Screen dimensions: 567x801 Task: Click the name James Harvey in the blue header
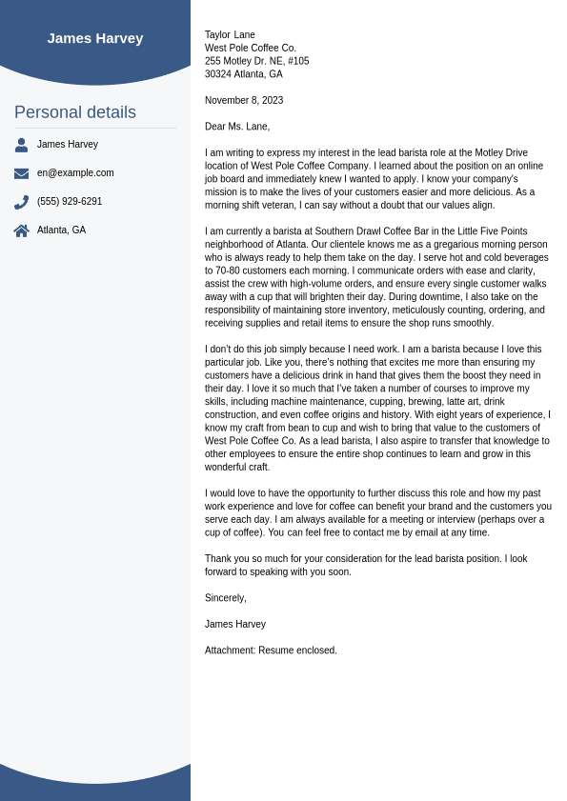click(95, 38)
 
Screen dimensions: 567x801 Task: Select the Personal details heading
click(75, 112)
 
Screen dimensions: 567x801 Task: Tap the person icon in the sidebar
click(21, 145)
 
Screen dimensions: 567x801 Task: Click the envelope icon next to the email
click(21, 173)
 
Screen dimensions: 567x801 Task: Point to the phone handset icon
click(21, 202)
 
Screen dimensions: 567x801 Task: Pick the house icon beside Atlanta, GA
click(21, 230)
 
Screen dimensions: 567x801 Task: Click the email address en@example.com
click(75, 173)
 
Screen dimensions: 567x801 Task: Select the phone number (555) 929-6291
click(70, 202)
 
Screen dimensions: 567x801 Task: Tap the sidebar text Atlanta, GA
click(61, 230)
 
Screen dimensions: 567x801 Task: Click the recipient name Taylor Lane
click(230, 35)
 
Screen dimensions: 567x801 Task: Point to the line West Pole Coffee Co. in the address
click(251, 48)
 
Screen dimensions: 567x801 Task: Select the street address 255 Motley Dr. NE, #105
click(257, 61)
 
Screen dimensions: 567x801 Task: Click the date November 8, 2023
click(244, 100)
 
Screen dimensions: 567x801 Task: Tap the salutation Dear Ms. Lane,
click(237, 127)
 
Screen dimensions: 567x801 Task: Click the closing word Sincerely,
click(226, 598)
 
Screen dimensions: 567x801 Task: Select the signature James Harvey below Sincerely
click(235, 625)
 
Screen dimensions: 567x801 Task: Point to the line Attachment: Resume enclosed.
click(271, 651)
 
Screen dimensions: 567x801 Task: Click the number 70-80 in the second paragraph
click(228, 270)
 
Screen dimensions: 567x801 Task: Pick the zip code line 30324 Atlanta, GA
click(244, 74)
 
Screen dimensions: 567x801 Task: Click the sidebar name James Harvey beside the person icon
click(68, 145)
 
